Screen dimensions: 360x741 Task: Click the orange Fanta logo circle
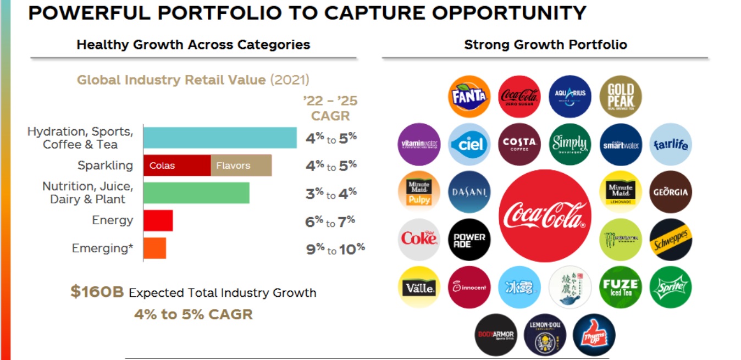pos(469,96)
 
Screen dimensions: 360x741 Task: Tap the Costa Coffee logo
pos(519,144)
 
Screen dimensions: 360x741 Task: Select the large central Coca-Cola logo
pos(545,215)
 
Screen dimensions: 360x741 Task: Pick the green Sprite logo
pos(671,287)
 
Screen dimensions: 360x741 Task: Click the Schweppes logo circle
pos(671,240)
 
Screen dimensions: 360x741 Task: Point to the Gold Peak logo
pos(621,96)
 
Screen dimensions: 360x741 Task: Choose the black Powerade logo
pos(469,240)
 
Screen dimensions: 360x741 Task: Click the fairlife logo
pos(671,144)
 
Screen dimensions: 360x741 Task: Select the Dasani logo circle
pos(469,192)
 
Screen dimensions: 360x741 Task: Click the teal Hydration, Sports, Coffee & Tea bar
pos(220,137)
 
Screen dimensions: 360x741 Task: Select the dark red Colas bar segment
pos(177,165)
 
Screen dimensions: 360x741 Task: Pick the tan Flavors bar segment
pos(241,165)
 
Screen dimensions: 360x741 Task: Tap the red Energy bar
pos(158,220)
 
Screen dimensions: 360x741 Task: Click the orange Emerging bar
pos(155,248)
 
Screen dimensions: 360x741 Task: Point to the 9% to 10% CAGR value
pos(335,249)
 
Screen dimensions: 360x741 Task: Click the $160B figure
pos(97,292)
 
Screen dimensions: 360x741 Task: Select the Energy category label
pos(112,220)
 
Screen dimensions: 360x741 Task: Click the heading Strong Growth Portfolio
pos(545,45)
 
